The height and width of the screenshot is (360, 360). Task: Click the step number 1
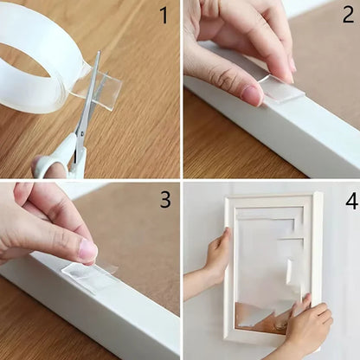pos(163,16)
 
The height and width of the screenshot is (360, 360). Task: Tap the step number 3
pos(164,200)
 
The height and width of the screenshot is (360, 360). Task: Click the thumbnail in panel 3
pos(87,251)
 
